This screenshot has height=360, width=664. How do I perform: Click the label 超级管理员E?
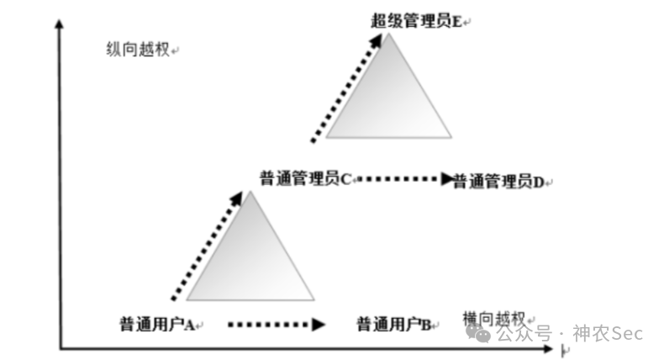pos(416,21)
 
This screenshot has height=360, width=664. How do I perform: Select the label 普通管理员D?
pos(498,181)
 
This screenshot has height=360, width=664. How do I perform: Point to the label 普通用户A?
pos(157,323)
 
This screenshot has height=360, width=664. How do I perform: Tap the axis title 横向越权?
pos(494,318)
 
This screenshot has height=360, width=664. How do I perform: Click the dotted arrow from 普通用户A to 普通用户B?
pos(273,323)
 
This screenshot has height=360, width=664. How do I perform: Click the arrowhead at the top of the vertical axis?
pos(59,24)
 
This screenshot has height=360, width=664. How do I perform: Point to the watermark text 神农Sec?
pos(607,334)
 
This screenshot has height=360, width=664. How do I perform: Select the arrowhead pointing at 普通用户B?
pos(319,323)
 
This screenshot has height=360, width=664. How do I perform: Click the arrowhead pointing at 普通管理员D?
pos(447,178)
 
